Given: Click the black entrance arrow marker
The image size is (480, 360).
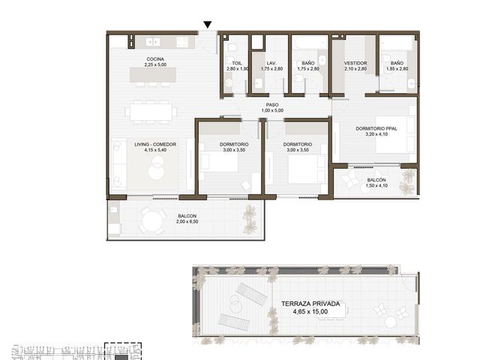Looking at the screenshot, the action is coord(208,25).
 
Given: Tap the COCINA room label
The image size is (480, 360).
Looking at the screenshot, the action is coord(155,59).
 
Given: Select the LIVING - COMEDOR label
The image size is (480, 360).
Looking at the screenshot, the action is coord(155,145).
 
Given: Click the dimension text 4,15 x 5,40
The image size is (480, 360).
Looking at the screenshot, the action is coord(155,150).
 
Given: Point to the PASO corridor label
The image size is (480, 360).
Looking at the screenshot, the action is coord(272,105).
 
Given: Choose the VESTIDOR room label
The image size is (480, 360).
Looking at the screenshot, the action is coord(355,63).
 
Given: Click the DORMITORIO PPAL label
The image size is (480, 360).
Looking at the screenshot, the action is coord(376,128).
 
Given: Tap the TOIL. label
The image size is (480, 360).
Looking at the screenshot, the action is coord(237,63).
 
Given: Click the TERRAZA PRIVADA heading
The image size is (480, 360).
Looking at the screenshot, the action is coord(310,304).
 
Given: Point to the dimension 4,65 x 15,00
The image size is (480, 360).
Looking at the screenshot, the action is coord(310,312).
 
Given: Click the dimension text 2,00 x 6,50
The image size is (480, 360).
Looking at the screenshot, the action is coord(187,222).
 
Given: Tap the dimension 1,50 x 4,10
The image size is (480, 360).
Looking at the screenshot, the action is coord(376,185).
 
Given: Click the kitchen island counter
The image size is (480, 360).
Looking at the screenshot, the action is coord(153,75).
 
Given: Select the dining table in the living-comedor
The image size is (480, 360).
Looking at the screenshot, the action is coord(151,112).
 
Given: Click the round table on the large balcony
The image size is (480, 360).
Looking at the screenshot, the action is coord(151,221).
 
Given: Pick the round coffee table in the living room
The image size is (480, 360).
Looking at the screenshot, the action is coord(157,168).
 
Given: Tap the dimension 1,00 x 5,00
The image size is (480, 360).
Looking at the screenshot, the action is coord(272,110).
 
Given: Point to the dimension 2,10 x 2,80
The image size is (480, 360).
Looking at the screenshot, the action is coord(355,69).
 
